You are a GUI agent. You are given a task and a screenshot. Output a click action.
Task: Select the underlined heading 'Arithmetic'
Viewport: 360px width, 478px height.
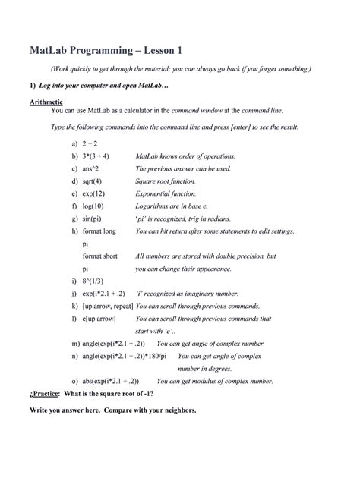pos(46,101)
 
